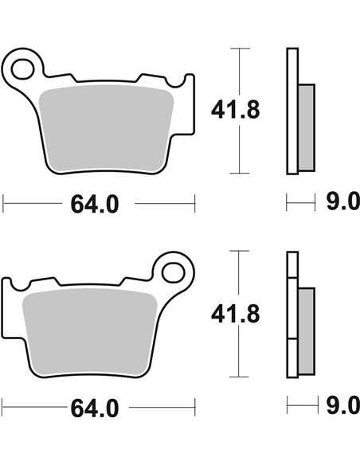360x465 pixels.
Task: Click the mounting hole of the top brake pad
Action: coord(22,68)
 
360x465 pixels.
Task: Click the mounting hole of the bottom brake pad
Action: coord(174,273)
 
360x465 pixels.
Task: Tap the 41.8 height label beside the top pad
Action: coord(235,110)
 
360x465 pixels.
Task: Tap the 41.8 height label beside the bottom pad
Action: coord(235,314)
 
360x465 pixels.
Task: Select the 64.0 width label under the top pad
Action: coord(95,205)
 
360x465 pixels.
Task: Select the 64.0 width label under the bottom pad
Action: coord(95,408)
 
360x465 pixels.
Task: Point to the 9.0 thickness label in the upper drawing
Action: coord(343,201)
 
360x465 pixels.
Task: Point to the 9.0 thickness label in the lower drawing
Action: coord(343,406)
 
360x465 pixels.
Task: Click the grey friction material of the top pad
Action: coord(106,128)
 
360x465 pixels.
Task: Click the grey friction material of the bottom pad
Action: coord(89,332)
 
